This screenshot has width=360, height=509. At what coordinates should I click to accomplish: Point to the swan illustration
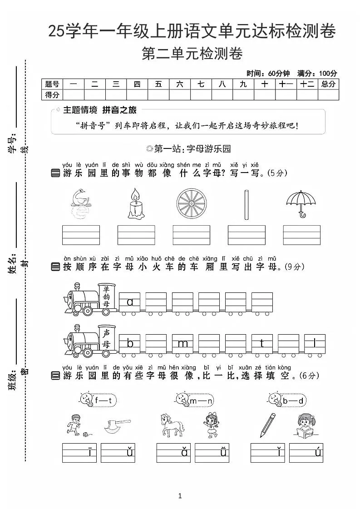click(81, 203)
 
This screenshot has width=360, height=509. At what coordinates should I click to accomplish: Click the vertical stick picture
click(246, 204)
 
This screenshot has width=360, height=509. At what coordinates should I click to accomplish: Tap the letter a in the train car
click(130, 301)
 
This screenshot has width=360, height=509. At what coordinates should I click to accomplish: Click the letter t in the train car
click(262, 343)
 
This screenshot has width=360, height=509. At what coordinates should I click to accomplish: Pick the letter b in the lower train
click(130, 343)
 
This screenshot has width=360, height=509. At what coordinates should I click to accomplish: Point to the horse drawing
click(173, 425)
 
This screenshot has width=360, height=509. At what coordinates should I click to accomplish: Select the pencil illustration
click(268, 425)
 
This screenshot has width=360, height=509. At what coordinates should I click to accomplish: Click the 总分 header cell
click(328, 84)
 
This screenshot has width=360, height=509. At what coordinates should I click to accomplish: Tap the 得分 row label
click(52, 94)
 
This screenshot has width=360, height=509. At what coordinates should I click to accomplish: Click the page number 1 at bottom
click(180, 496)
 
